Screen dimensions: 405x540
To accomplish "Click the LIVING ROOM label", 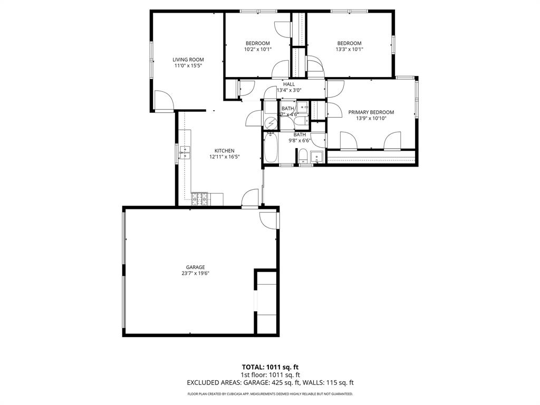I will click(188, 60).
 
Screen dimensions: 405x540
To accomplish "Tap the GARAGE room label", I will click(195, 267).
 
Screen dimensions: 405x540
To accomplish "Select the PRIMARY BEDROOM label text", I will click(371, 112).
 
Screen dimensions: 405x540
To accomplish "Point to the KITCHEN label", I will click(224, 150).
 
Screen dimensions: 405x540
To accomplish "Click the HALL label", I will click(288, 84).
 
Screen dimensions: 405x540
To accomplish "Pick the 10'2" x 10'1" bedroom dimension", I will click(257, 50).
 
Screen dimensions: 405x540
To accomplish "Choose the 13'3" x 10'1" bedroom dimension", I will click(349, 50).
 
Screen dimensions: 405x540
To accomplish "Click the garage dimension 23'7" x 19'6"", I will click(195, 273).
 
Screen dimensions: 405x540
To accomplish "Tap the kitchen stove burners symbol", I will click(200, 199).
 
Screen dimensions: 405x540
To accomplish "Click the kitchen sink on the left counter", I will click(185, 152).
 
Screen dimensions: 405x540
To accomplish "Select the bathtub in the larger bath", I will click(271, 148).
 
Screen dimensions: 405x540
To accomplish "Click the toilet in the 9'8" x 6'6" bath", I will click(303, 157).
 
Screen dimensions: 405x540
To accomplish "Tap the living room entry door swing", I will click(163, 101).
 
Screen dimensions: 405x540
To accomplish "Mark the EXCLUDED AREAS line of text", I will click(270, 383).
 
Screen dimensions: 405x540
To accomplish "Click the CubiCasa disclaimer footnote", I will click(270, 394).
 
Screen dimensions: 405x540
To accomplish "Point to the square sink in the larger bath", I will click(317, 157).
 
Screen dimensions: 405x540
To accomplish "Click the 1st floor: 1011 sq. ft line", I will click(270, 375).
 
